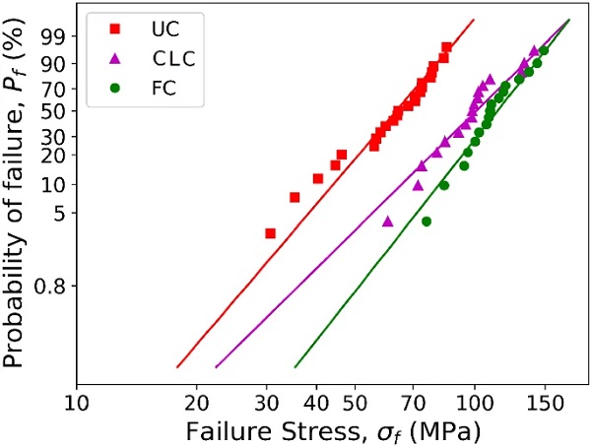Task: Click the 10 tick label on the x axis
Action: tap(77, 405)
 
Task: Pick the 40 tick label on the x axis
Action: tap(316, 405)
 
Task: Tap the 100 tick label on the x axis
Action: tap(475, 405)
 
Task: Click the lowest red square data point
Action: tap(271, 233)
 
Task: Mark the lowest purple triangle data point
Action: tap(387, 221)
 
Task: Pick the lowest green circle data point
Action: tap(427, 222)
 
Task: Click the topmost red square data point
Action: tap(446, 47)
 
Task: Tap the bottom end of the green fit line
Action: tap(295, 367)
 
